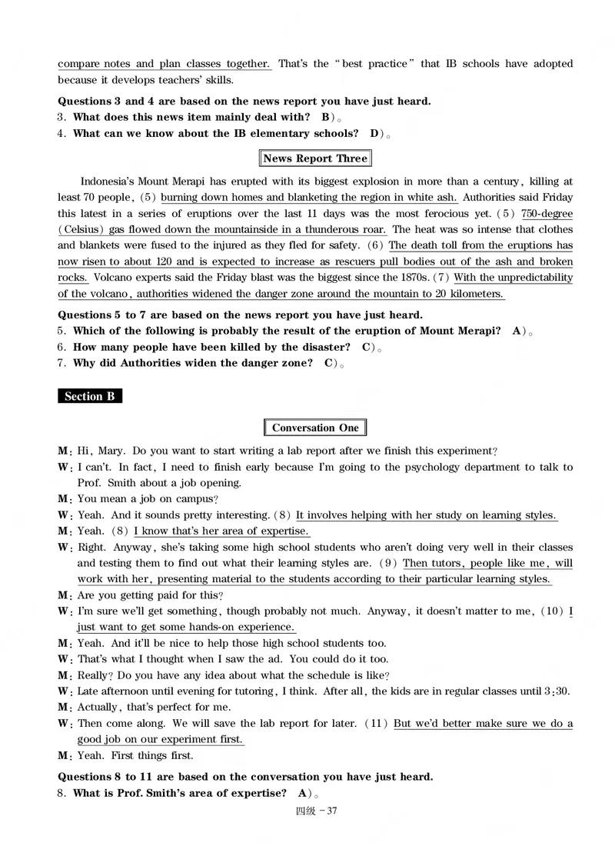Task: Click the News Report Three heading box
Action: (x=315, y=159)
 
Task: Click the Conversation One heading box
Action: (x=315, y=428)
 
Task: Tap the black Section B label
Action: (x=89, y=397)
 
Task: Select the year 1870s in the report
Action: (x=432, y=278)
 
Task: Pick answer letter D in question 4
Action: (x=374, y=133)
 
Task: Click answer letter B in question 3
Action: (x=325, y=117)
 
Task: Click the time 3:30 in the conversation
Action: (x=557, y=691)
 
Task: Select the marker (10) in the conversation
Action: (x=552, y=611)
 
